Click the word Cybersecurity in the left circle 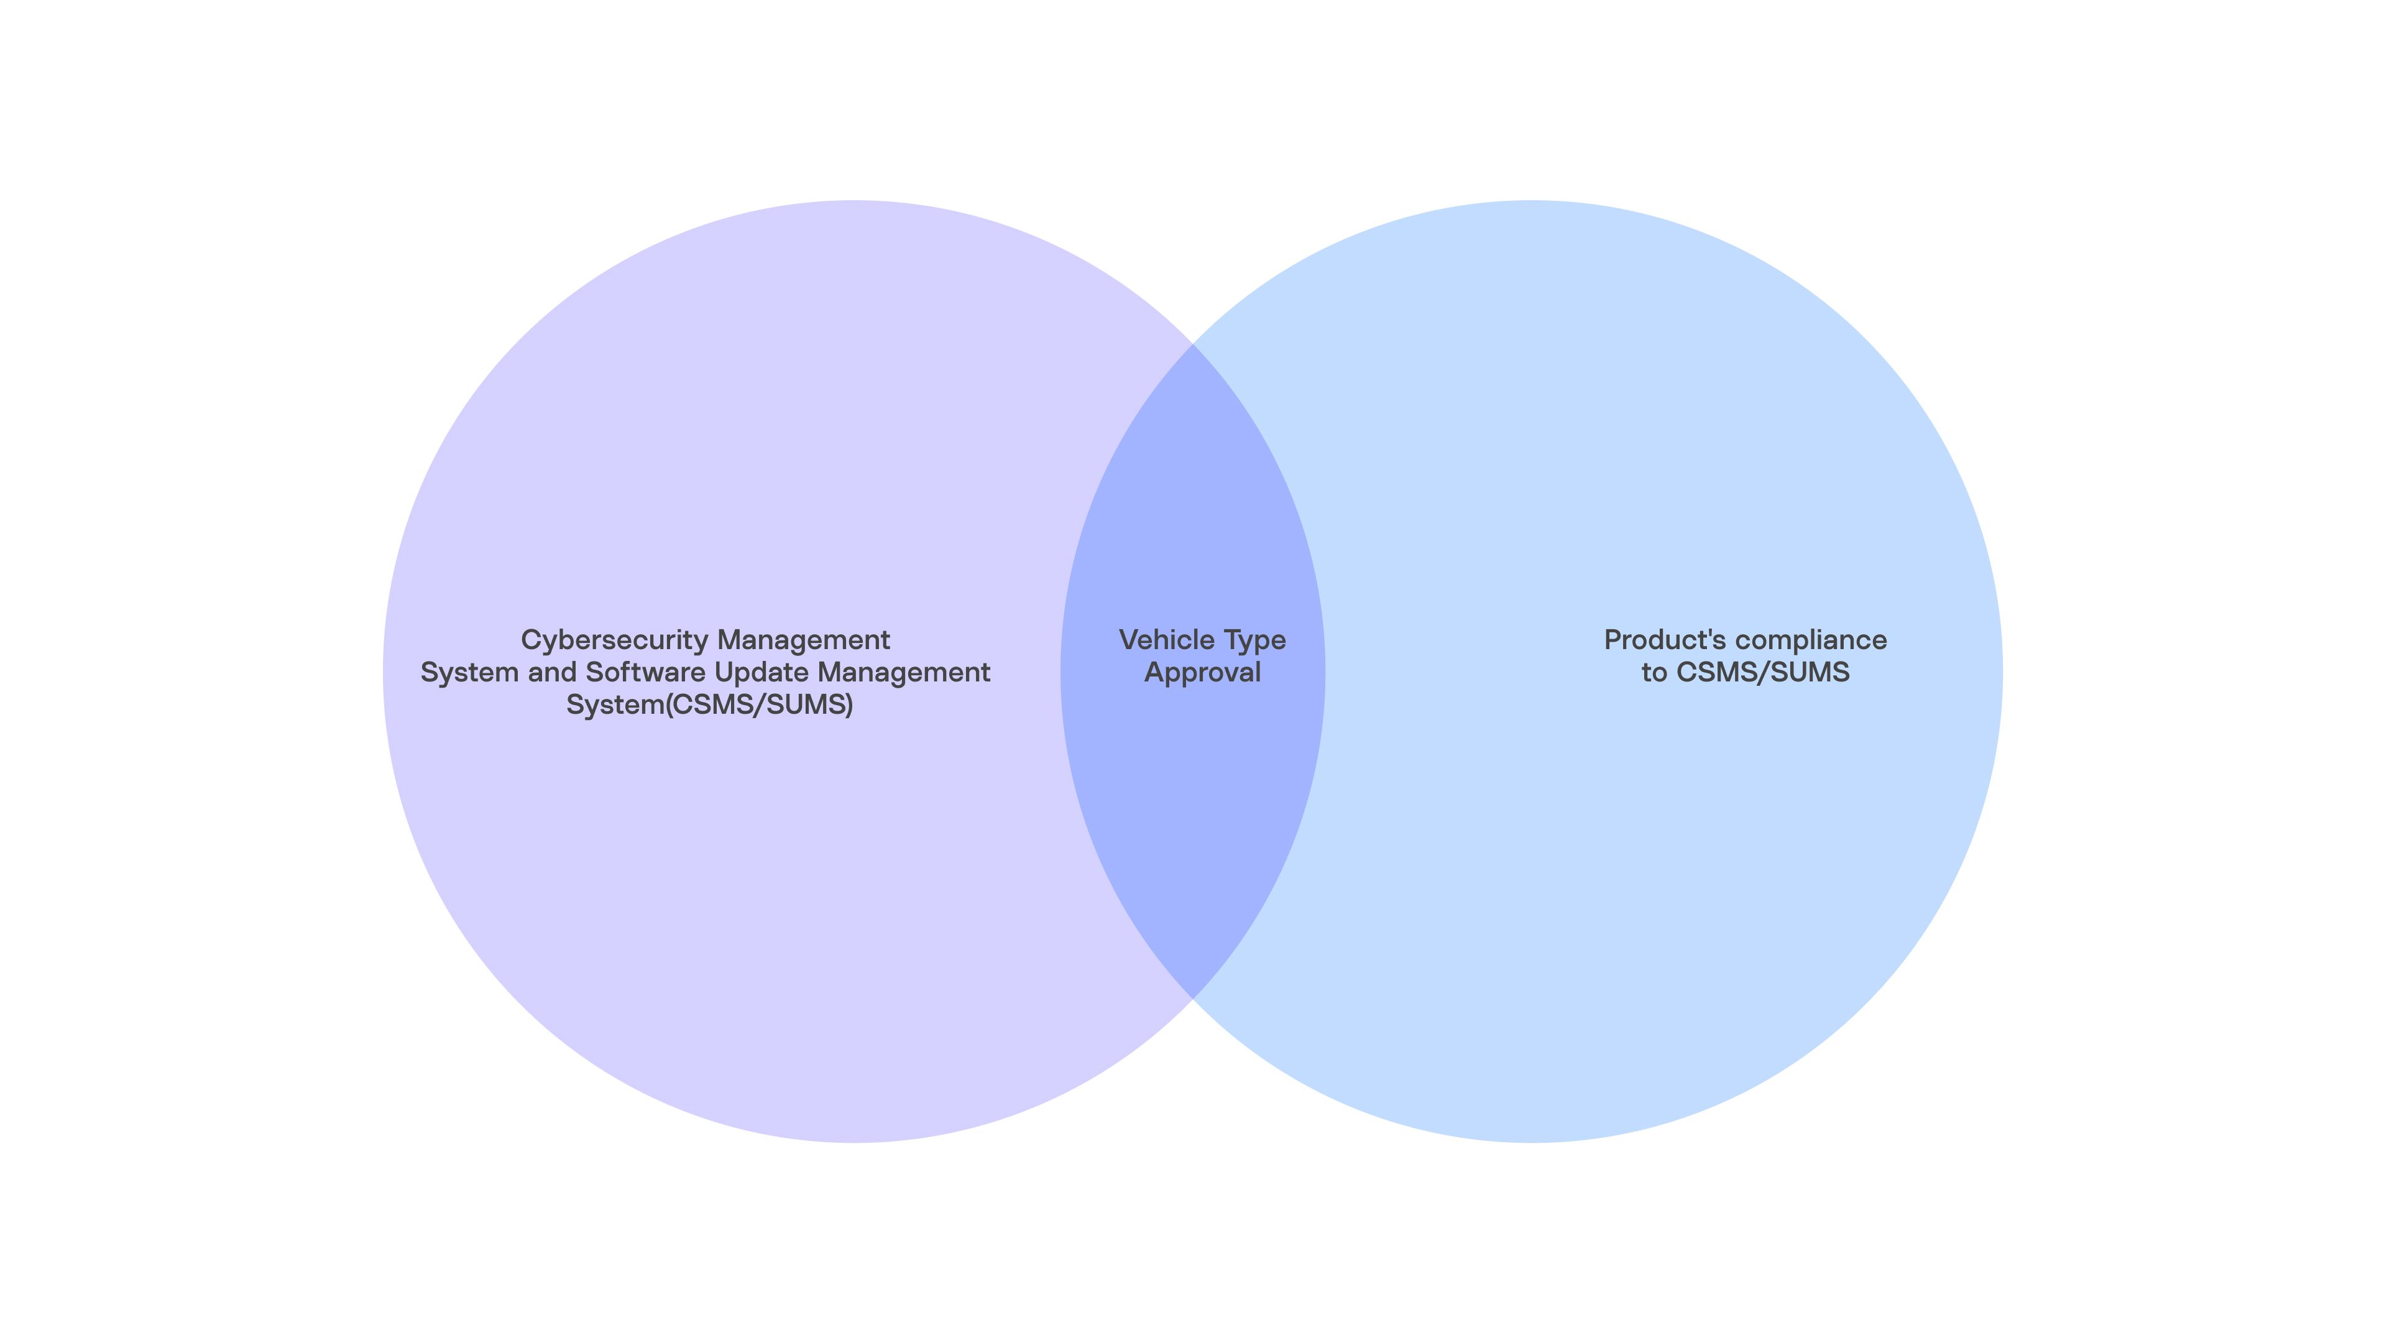(615, 640)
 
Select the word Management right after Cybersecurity (803, 640)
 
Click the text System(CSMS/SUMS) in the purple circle (710, 705)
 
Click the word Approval (1203, 673)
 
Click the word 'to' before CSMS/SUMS (1655, 673)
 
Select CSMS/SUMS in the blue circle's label (1764, 673)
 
